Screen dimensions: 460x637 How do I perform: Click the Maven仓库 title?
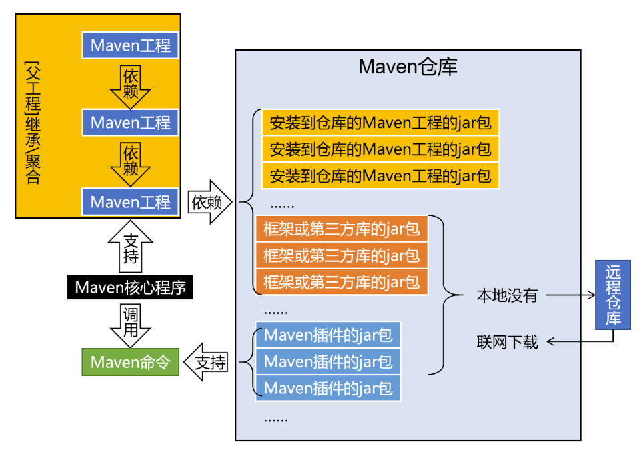click(408, 67)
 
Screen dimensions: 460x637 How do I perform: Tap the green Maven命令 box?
click(131, 362)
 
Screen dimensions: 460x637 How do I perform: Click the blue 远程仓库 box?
click(612, 295)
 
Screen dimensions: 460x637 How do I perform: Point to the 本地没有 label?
click(506, 296)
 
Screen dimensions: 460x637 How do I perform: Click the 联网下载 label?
click(506, 343)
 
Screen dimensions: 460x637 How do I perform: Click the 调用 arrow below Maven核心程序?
click(131, 323)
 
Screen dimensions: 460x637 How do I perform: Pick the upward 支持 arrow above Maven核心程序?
click(131, 248)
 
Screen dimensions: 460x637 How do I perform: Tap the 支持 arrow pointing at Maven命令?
click(209, 363)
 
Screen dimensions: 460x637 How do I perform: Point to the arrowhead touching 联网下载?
click(552, 343)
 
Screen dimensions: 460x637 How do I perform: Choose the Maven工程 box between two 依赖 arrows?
click(131, 123)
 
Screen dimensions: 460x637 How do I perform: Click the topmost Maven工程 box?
click(131, 45)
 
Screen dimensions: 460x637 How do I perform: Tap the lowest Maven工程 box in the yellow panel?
click(131, 201)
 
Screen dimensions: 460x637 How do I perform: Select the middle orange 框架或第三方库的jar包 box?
click(341, 255)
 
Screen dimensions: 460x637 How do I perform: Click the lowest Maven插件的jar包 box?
click(328, 387)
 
